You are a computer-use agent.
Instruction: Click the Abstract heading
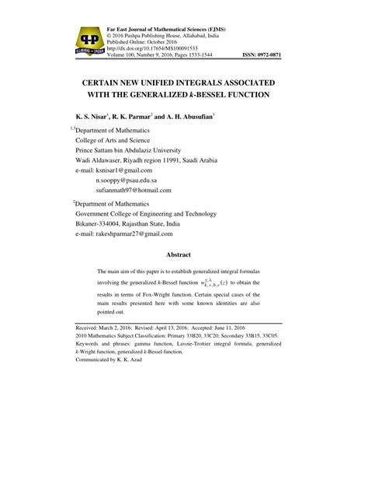[183, 254]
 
